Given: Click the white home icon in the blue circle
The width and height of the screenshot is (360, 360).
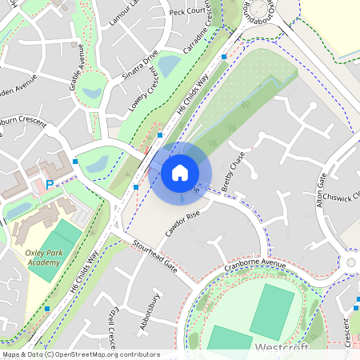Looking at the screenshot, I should click(180, 172).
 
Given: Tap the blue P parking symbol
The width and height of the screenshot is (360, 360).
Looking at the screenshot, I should click(50, 184).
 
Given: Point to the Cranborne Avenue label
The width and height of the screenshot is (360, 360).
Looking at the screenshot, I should click(254, 264).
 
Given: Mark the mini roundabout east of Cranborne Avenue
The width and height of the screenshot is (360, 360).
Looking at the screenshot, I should click(350, 262).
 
